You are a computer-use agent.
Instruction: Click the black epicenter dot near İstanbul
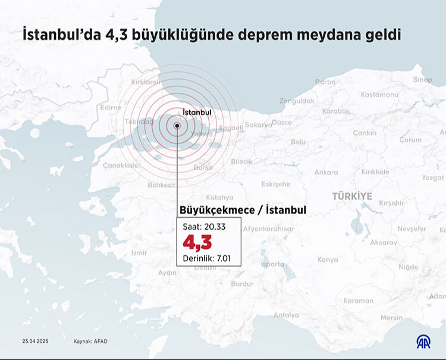177,126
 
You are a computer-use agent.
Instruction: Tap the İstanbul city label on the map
197,112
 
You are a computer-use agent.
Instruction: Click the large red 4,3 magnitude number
197,243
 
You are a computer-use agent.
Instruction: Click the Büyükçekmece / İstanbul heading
243,210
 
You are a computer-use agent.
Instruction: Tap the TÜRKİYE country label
352,196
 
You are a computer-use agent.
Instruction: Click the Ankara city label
326,173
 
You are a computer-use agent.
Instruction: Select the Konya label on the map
327,260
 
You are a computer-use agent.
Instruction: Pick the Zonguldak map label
297,101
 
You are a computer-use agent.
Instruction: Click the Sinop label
422,80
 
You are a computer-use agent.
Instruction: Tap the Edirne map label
111,108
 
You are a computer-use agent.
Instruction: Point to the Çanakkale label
120,165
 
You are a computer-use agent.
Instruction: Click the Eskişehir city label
276,184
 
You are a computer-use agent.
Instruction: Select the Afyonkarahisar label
269,229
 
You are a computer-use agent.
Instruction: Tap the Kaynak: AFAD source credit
90,341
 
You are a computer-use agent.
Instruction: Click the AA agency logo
423,342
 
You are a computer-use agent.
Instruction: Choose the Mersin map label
391,317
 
